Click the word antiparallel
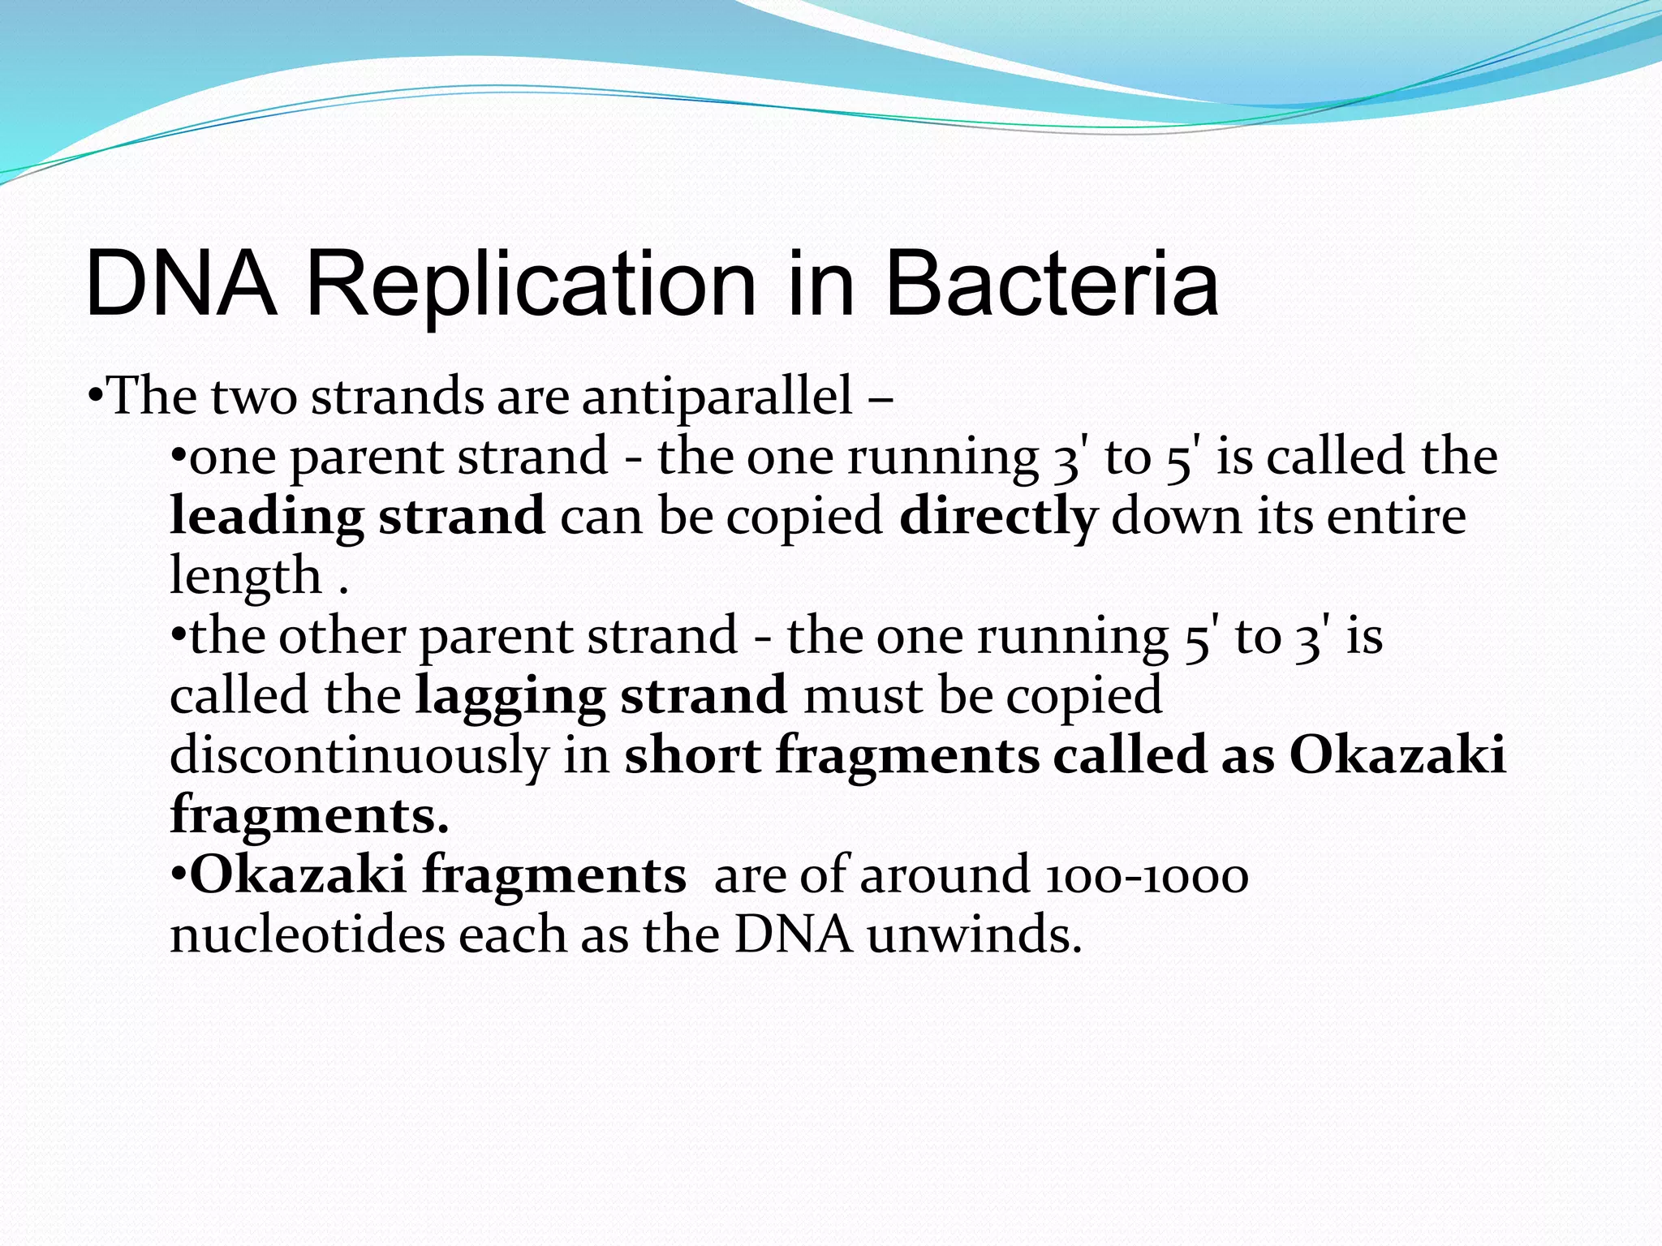(717, 397)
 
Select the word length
(245, 576)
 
